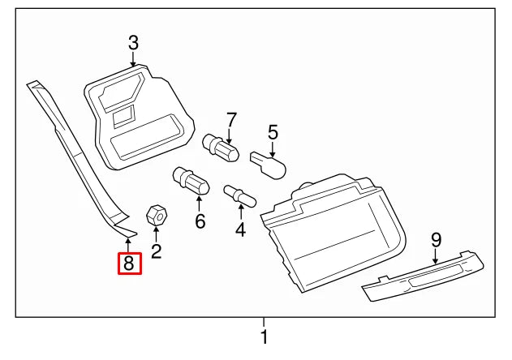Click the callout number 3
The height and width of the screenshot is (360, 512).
tap(133, 43)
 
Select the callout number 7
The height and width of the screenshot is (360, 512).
tap(231, 120)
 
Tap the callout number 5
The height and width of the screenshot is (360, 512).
tap(273, 132)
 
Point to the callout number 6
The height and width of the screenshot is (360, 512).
tap(200, 221)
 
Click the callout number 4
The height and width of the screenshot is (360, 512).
tap(240, 229)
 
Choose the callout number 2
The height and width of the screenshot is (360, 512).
tap(156, 251)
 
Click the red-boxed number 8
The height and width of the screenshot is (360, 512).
tap(130, 264)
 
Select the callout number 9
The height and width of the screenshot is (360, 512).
tap(437, 241)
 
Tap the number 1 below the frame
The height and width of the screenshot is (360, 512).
tap(265, 336)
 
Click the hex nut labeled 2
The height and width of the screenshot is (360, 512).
tap(156, 215)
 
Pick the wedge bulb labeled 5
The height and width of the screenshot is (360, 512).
tap(268, 165)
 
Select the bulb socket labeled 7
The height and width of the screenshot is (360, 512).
tap(221, 148)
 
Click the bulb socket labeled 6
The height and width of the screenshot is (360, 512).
tap(191, 181)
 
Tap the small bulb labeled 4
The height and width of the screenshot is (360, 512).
tap(240, 196)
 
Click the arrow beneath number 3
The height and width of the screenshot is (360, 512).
tap(132, 59)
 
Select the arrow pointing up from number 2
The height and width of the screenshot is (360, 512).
tap(156, 234)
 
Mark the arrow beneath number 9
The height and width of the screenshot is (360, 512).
tap(435, 256)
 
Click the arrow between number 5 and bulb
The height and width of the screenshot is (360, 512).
tap(273, 149)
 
